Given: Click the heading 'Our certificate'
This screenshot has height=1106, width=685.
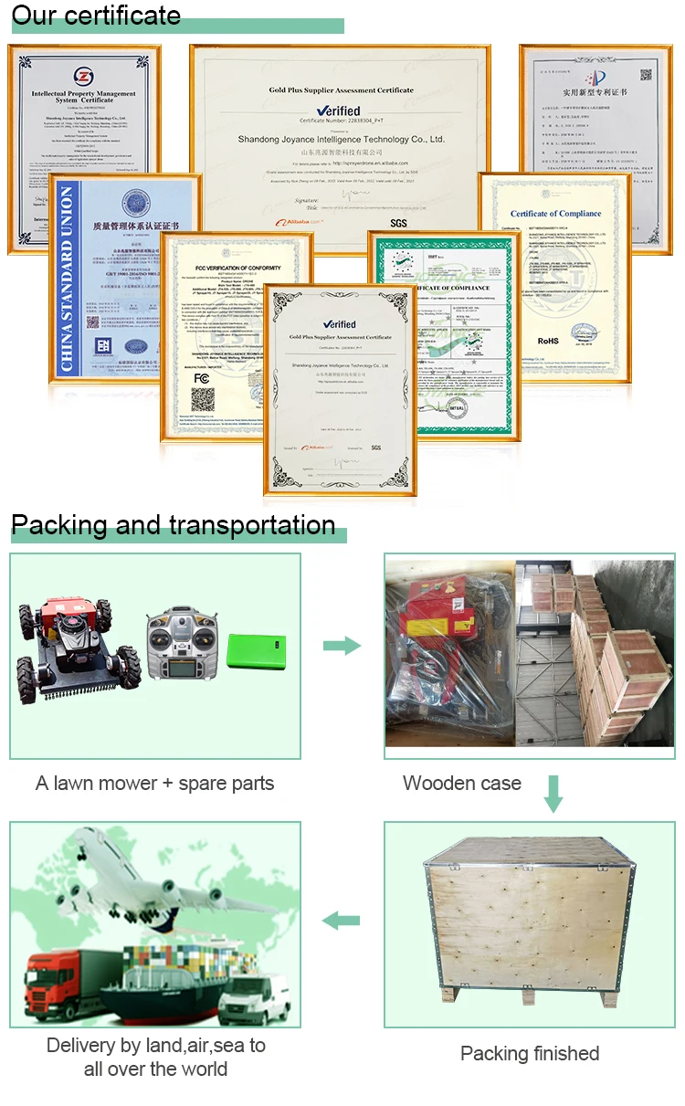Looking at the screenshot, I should (x=96, y=16).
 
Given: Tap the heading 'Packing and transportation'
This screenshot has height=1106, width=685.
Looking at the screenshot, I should (x=173, y=525).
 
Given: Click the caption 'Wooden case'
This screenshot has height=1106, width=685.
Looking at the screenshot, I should (x=462, y=783).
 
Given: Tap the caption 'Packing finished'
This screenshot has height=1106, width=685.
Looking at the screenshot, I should (x=530, y=1053).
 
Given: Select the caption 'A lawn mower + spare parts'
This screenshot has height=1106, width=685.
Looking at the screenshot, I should (x=154, y=783).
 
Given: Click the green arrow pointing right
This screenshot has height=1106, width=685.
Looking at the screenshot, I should (x=342, y=646).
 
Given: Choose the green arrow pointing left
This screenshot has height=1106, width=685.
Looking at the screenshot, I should (x=342, y=921).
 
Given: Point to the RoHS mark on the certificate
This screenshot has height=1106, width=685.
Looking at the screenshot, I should (x=547, y=341).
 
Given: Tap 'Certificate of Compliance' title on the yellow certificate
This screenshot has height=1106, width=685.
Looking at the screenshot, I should (x=555, y=214).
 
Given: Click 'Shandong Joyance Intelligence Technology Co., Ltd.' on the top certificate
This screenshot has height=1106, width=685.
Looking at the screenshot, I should (x=341, y=140).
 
